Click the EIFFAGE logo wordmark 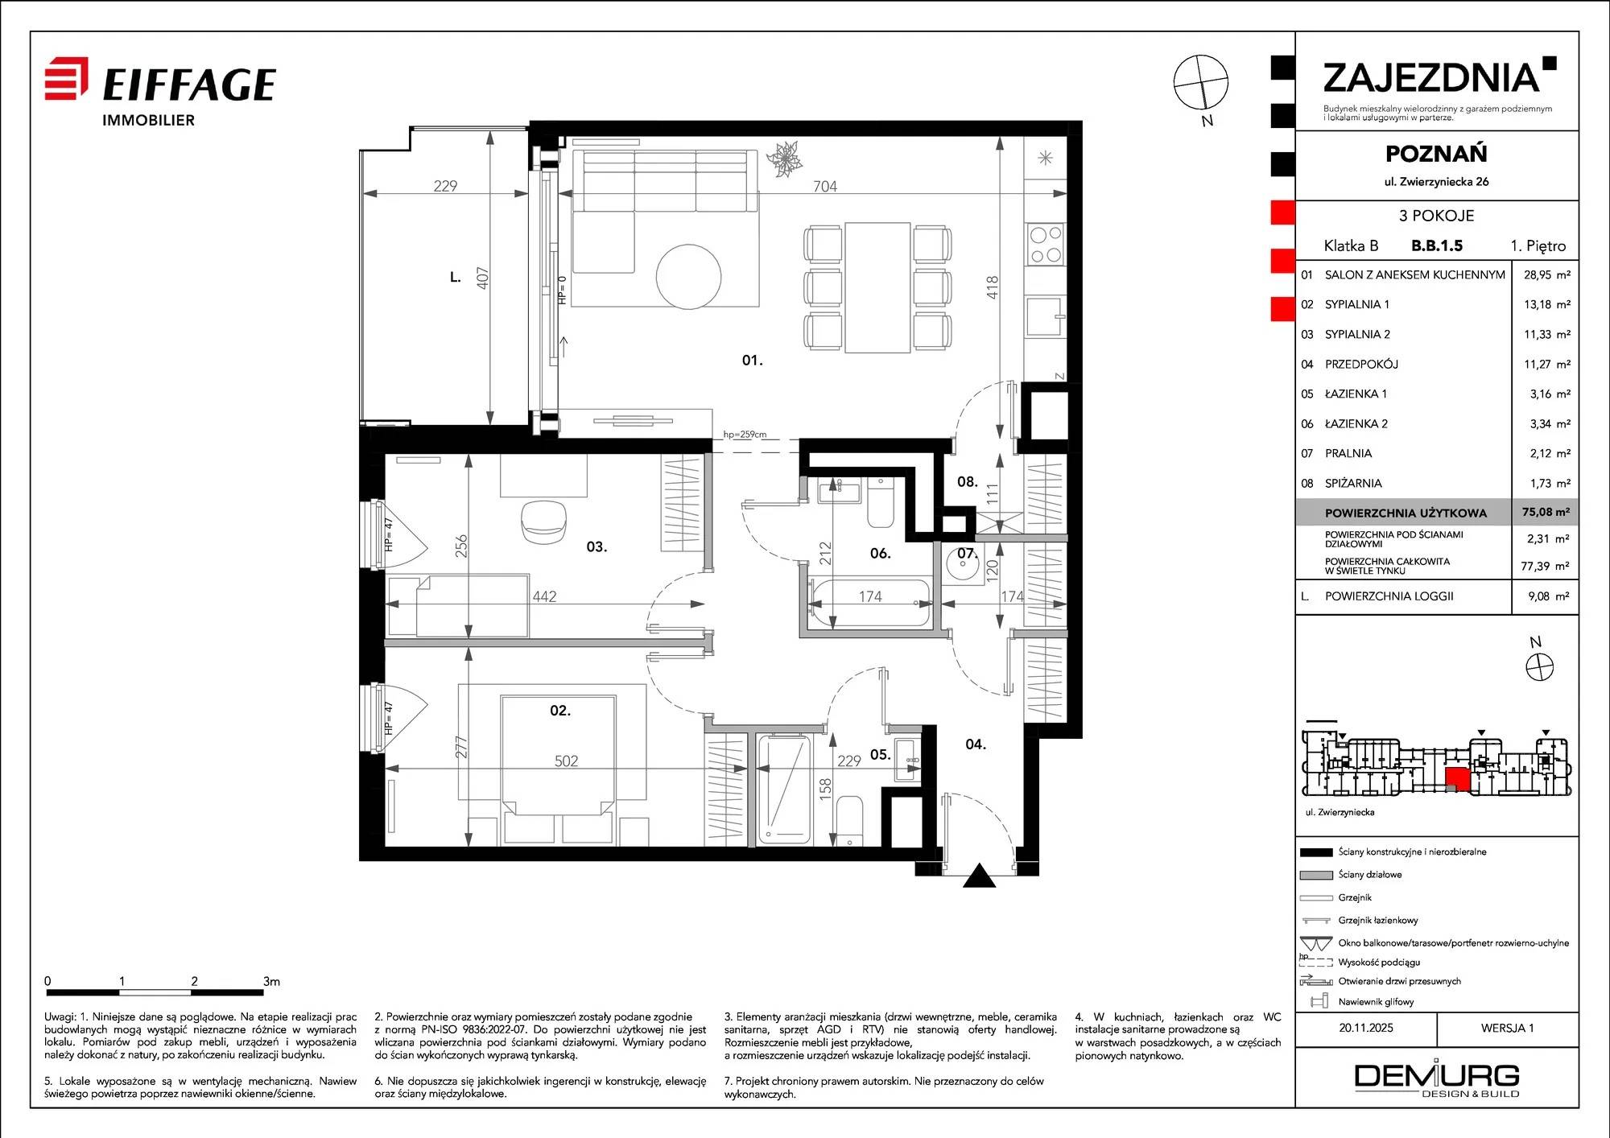(189, 85)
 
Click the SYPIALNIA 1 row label (1357, 304)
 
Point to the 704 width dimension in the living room (825, 186)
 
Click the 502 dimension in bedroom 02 (566, 761)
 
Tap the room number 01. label (752, 361)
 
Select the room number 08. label (968, 482)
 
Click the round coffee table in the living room (688, 276)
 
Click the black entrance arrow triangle (980, 876)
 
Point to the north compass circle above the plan (1201, 82)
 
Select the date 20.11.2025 (1366, 1028)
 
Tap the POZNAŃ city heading (1436, 153)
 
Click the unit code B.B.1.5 (1437, 246)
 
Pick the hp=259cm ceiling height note (745, 435)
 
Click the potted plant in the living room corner (783, 159)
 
